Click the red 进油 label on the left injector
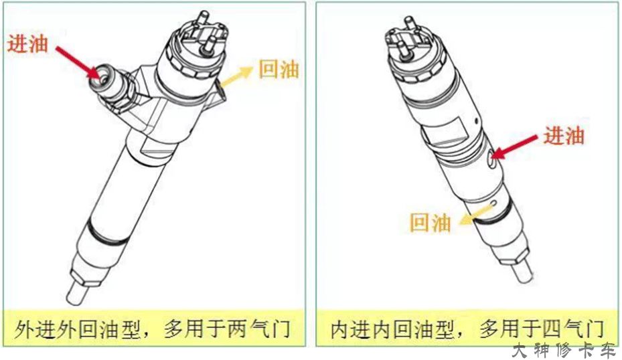(x=28, y=43)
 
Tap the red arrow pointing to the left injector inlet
(x=78, y=61)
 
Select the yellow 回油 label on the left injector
(x=279, y=68)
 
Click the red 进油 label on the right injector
(x=563, y=135)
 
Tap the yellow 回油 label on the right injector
(x=430, y=223)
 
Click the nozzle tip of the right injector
(x=524, y=274)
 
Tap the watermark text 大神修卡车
(x=562, y=350)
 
